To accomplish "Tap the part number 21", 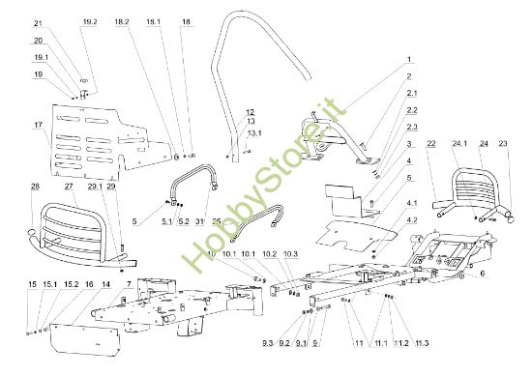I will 38,23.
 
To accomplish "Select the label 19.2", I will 90,21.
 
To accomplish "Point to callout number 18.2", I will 122,21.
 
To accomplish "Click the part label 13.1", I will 254,132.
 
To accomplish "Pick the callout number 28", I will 35,186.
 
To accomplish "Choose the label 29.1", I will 96,186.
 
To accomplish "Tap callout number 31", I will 200,218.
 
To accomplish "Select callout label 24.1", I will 458,144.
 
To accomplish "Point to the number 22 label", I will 431,144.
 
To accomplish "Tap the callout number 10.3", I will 291,253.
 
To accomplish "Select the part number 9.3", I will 267,343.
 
